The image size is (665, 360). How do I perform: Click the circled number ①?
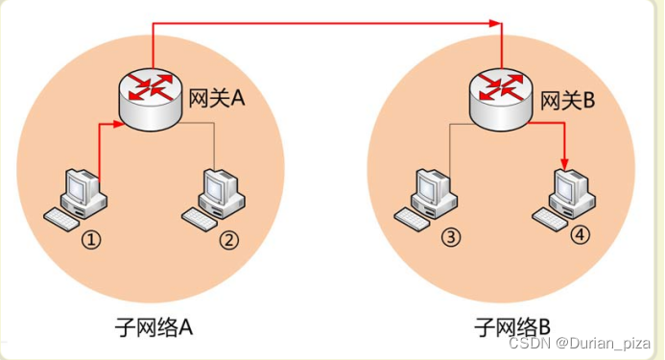tap(91, 240)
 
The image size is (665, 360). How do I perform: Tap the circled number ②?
tap(229, 240)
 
